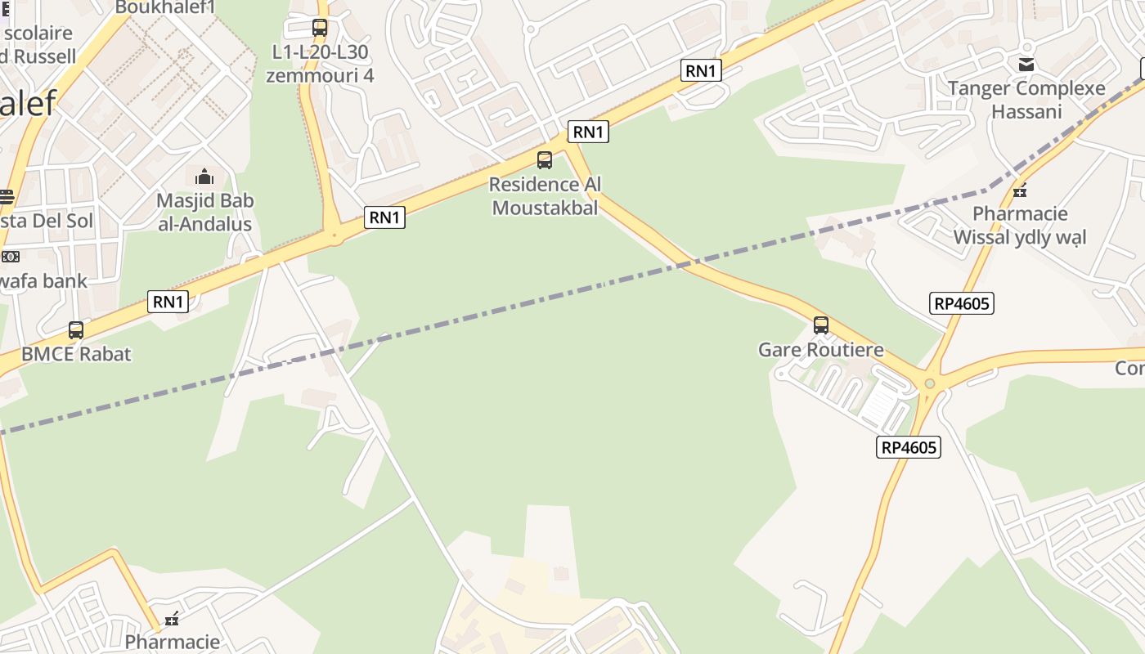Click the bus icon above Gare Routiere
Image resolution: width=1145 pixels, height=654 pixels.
(821, 325)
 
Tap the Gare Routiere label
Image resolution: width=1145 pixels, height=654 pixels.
(821, 350)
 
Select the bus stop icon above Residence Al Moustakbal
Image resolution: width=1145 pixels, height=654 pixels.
(545, 160)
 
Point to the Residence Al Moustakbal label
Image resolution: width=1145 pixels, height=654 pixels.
(545, 196)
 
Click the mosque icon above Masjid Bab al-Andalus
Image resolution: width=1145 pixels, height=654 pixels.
(204, 177)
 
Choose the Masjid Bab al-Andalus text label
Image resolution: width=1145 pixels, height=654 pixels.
(205, 212)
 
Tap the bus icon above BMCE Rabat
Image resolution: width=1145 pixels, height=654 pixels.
(76, 330)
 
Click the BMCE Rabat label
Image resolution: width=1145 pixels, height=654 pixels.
(76, 354)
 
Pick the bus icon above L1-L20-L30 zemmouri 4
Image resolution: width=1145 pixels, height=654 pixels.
(320, 28)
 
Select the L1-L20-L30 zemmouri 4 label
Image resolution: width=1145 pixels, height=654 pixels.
(320, 64)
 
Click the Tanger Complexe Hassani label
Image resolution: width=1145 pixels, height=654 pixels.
(1026, 100)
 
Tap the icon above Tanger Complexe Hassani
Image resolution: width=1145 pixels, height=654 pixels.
(1026, 64)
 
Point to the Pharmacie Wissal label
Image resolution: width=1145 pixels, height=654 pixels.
(1020, 226)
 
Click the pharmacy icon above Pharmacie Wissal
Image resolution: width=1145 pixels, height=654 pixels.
(1020, 191)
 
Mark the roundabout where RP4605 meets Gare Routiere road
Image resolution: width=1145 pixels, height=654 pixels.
(929, 383)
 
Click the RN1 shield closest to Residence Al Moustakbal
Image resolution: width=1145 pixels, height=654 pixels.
(589, 132)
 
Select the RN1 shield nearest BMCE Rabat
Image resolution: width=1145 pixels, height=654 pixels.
(168, 302)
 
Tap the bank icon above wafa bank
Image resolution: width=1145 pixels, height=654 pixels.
(10, 256)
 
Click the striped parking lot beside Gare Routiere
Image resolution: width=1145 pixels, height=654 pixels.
(883, 406)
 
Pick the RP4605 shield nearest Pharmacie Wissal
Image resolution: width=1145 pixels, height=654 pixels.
(963, 304)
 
